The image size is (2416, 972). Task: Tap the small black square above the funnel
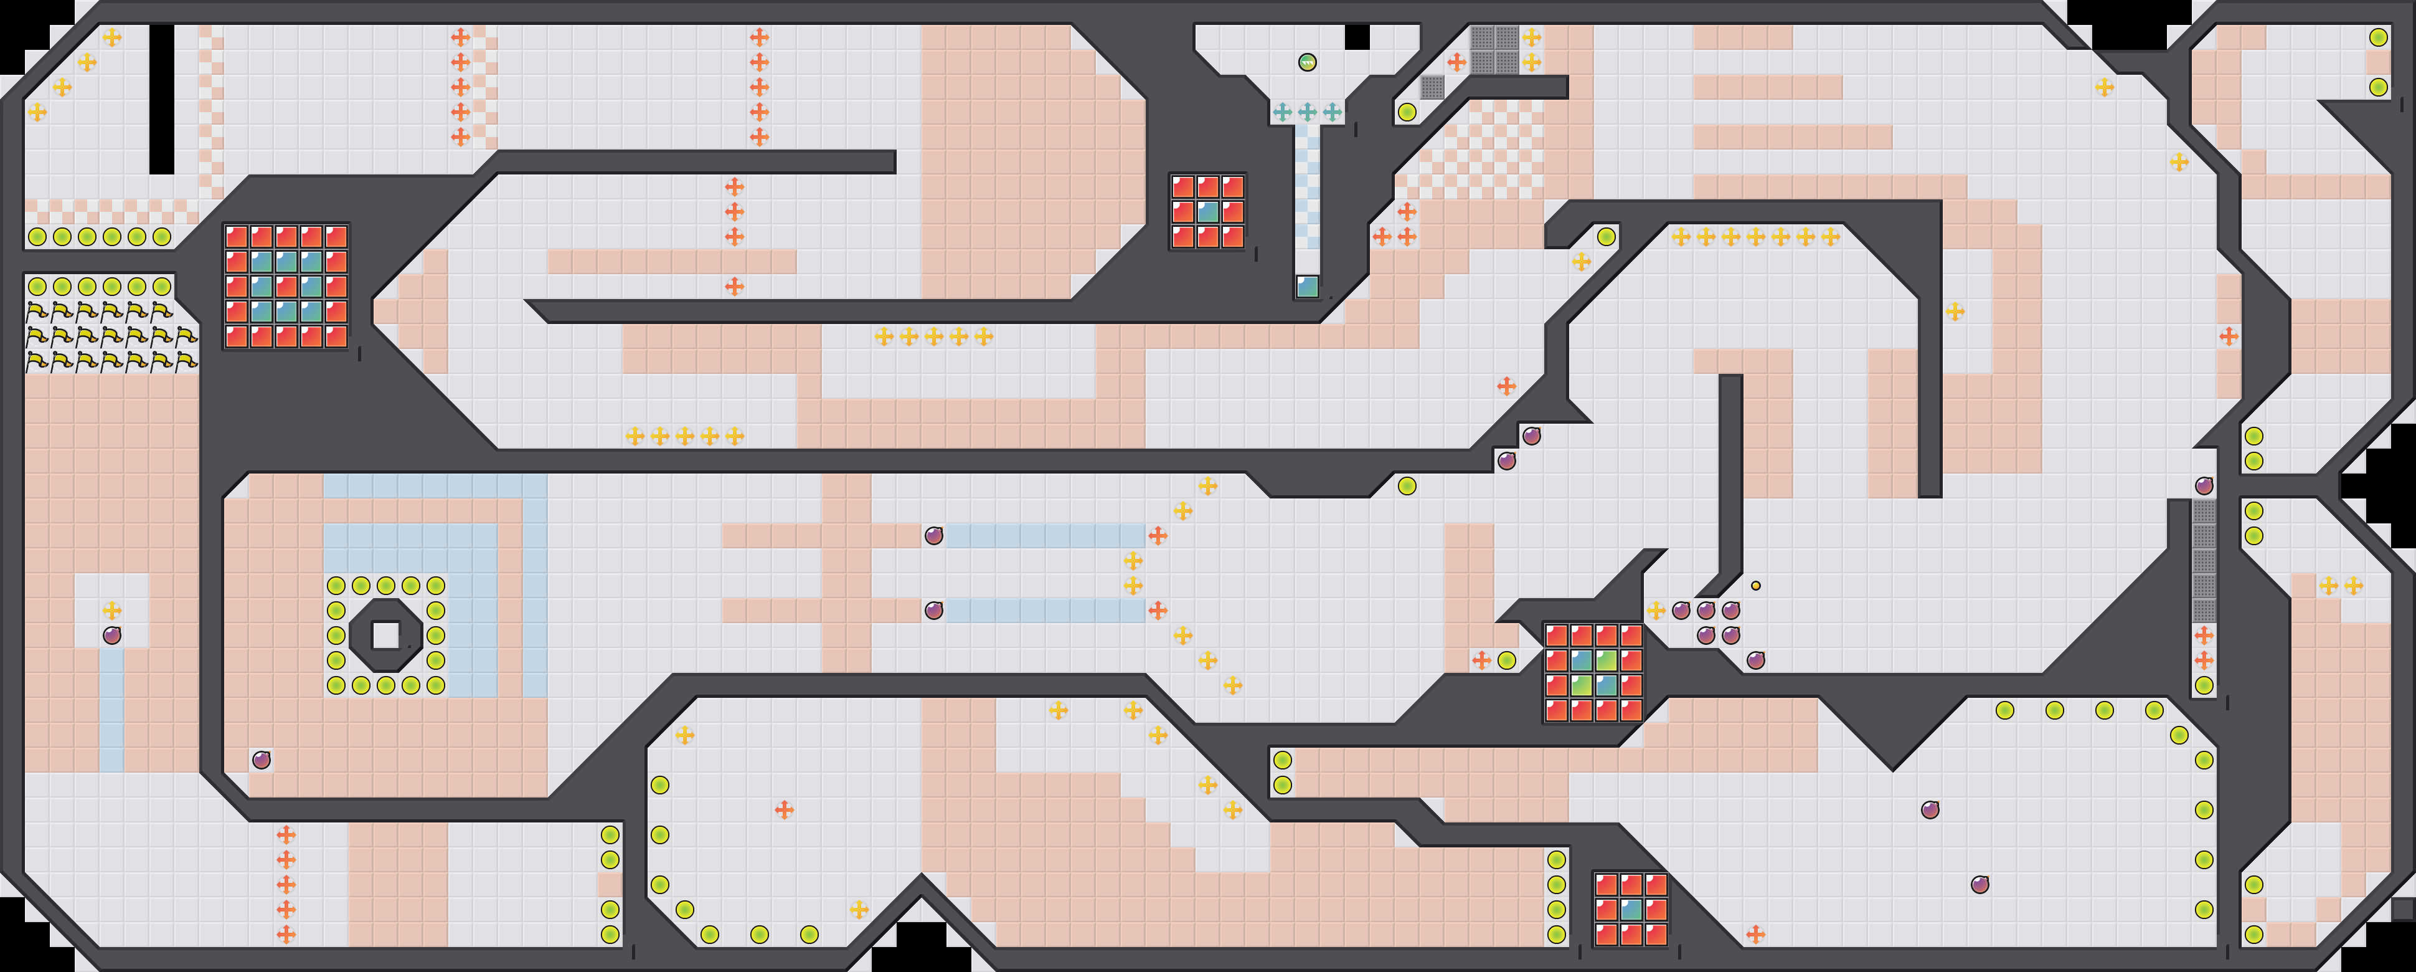pos(1357,37)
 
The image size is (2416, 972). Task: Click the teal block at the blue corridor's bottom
pos(1308,286)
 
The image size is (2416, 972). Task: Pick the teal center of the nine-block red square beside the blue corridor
pos(1208,211)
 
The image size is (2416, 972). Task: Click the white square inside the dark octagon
pos(385,635)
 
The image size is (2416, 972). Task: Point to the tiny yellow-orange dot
pos(1756,586)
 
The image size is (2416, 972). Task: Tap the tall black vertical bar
pos(161,98)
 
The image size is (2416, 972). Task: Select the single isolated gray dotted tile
pos(1432,87)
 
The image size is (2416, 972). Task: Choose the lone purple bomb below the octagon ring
pos(262,759)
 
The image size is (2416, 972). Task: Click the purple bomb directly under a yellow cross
pos(111,635)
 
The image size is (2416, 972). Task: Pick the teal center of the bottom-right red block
pos(1632,909)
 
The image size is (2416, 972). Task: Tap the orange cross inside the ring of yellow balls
pos(784,809)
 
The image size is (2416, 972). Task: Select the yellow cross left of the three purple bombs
pos(1656,611)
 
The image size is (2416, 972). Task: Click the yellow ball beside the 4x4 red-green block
pos(1506,660)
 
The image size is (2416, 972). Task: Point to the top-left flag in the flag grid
pos(37,310)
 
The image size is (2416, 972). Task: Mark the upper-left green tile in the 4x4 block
pos(1582,660)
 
